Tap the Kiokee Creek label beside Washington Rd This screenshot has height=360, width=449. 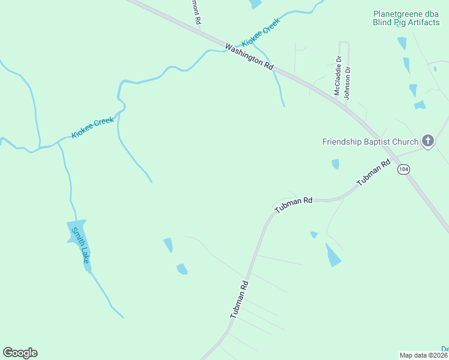261,33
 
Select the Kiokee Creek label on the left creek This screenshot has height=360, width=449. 92,128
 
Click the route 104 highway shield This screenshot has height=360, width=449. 403,170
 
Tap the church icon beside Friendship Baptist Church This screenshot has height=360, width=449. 427,142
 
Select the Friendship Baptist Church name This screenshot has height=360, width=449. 370,142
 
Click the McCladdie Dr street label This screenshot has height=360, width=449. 338,76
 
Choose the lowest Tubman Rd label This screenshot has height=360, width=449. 239,299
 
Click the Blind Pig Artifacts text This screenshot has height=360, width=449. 406,23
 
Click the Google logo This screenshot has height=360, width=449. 20,352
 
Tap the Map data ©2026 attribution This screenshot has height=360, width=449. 424,355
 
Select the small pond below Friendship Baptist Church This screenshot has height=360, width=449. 336,164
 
